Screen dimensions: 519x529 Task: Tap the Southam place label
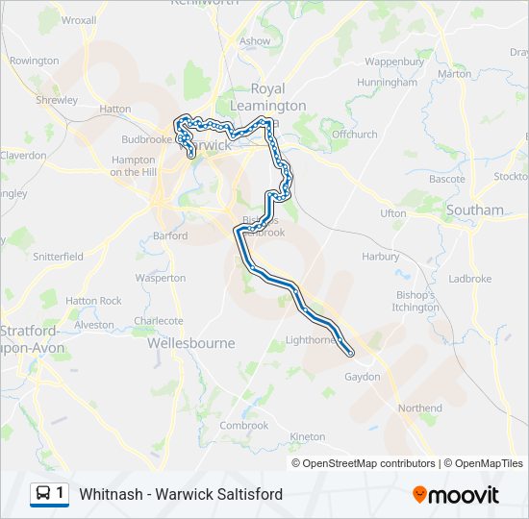(x=475, y=210)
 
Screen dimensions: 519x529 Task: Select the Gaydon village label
(x=363, y=377)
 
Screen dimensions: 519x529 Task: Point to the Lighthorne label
(x=311, y=339)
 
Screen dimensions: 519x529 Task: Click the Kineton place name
(x=308, y=436)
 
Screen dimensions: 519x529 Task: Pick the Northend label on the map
(x=419, y=408)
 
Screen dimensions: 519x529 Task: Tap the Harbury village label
(x=380, y=257)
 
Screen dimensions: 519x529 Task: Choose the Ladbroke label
(x=469, y=279)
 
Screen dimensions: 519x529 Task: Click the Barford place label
(x=170, y=235)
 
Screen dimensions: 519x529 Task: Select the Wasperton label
(x=160, y=278)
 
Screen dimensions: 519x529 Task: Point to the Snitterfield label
(x=58, y=257)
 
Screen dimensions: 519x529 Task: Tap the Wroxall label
(x=79, y=19)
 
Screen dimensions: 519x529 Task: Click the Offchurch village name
(x=355, y=135)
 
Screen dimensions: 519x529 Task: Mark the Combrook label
(x=244, y=425)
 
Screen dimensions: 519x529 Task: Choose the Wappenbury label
(x=394, y=62)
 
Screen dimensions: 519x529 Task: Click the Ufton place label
(x=393, y=212)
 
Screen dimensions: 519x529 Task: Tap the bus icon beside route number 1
(x=43, y=494)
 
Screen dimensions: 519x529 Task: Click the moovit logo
(x=456, y=494)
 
